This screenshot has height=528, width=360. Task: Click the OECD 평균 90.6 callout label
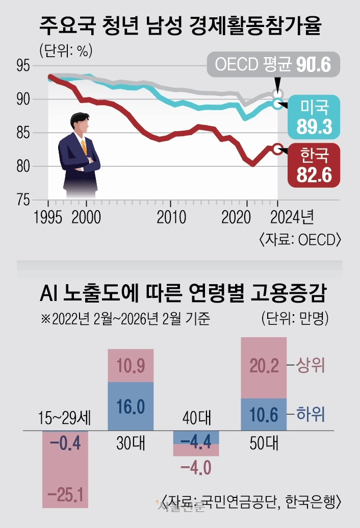pyautogui.click(x=273, y=65)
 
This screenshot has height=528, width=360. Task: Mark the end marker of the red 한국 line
pyautogui.click(x=277, y=149)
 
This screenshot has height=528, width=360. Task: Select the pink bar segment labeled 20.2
pyautogui.click(x=264, y=367)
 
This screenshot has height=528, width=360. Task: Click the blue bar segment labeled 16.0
pyautogui.click(x=131, y=407)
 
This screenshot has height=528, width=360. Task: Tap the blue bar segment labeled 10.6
pyautogui.click(x=264, y=415)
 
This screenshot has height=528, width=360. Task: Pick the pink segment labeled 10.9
pyautogui.click(x=131, y=366)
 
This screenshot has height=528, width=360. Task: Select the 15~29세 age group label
pyautogui.click(x=65, y=419)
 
